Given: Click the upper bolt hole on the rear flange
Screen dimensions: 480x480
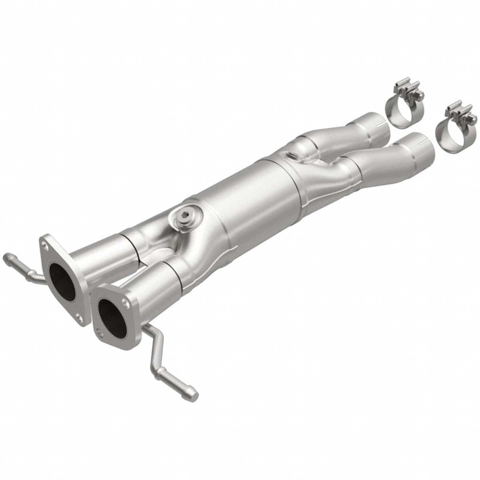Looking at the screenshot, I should click(45, 243).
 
